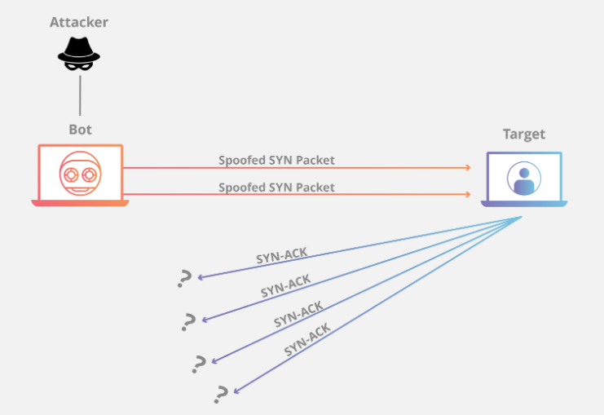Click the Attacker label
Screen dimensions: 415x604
(x=80, y=22)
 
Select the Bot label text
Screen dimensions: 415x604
(x=80, y=130)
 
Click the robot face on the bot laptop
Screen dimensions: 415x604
(x=80, y=174)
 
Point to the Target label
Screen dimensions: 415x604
(x=523, y=135)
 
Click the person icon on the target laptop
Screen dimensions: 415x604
(x=523, y=178)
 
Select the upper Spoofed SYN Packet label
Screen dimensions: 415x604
(x=276, y=160)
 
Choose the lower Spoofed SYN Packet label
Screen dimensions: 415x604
(x=276, y=187)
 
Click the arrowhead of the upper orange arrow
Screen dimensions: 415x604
(x=468, y=168)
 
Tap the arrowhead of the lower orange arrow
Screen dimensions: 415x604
(x=468, y=195)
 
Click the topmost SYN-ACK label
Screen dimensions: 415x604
(x=281, y=256)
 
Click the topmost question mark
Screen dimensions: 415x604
(x=184, y=280)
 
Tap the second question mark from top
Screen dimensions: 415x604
(x=189, y=321)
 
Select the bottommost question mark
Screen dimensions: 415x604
(x=219, y=395)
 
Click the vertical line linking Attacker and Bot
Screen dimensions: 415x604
(x=80, y=96)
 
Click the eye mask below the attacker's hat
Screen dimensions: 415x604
(x=79, y=68)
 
